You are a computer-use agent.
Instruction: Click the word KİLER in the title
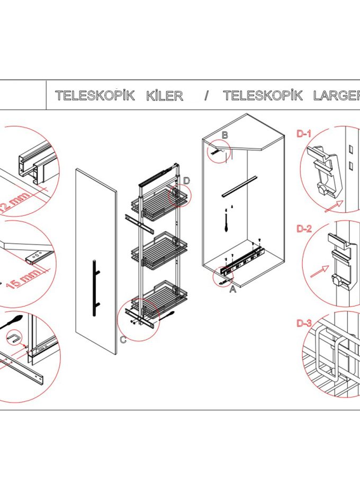pos(164,96)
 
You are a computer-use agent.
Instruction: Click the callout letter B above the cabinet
pos(224,136)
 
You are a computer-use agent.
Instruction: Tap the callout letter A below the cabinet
pos(232,290)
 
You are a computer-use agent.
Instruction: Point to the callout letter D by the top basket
pos(186,181)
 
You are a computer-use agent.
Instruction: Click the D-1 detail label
pos(304,134)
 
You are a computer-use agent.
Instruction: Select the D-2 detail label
pos(304,229)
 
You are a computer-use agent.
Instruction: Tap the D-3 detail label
pos(304,324)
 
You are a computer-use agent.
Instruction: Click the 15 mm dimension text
pos(24,276)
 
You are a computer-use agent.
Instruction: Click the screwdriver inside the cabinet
pos(226,222)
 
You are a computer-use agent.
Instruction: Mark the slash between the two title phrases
pos(206,96)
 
